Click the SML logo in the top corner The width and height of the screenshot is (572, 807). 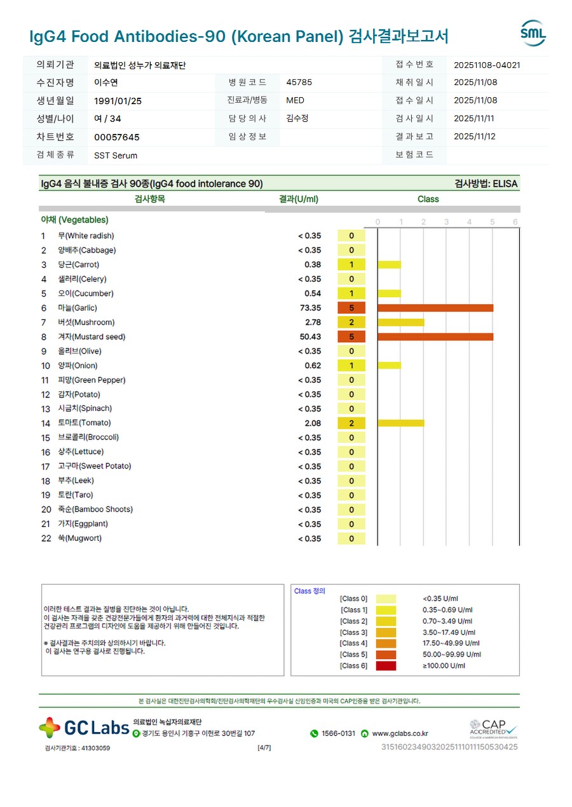coord(533,33)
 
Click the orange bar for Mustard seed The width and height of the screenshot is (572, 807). coord(435,337)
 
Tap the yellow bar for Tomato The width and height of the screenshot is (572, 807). coord(400,423)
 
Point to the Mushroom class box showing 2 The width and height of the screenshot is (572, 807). coord(351,323)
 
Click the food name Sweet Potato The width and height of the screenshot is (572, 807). coord(94,466)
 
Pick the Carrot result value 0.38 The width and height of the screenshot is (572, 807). coord(313,265)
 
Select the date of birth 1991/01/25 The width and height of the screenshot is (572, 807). coord(118,100)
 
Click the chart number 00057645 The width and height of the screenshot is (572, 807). coord(116,137)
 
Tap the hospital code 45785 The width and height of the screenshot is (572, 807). coord(299,83)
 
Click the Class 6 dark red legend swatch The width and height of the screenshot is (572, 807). coord(386,665)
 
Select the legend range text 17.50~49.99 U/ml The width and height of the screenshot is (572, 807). coord(451,643)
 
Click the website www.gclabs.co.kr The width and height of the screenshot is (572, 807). coord(400,733)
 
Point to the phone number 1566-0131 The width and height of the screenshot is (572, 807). coord(338,733)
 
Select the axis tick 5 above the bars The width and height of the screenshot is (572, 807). coord(492,222)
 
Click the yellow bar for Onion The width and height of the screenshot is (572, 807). coord(389,366)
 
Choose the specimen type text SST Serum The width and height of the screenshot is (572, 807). coord(115,156)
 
